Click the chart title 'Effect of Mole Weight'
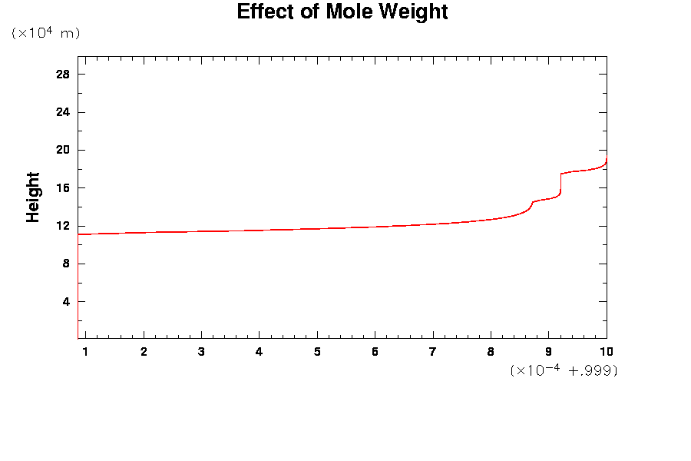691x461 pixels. [x=342, y=12]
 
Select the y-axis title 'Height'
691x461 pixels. [x=33, y=197]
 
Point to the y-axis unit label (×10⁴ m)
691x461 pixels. [x=45, y=33]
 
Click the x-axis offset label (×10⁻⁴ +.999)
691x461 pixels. [x=564, y=370]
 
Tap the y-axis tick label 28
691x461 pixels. [x=63, y=75]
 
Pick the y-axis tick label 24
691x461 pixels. [x=63, y=112]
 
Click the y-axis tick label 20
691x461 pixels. [x=63, y=150]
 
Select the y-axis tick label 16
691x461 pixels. [x=63, y=188]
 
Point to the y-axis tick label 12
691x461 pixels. [x=63, y=226]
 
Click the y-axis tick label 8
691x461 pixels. [x=66, y=264]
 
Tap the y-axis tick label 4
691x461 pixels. [x=66, y=302]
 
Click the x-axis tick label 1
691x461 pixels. [x=85, y=352]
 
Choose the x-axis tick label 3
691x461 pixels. [x=201, y=352]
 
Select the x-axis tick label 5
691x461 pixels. [x=317, y=352]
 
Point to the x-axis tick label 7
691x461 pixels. [x=433, y=352]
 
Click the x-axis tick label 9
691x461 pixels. [x=548, y=352]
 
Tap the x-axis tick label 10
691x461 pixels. [x=607, y=352]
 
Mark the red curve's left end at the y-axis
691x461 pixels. [x=79, y=234]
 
